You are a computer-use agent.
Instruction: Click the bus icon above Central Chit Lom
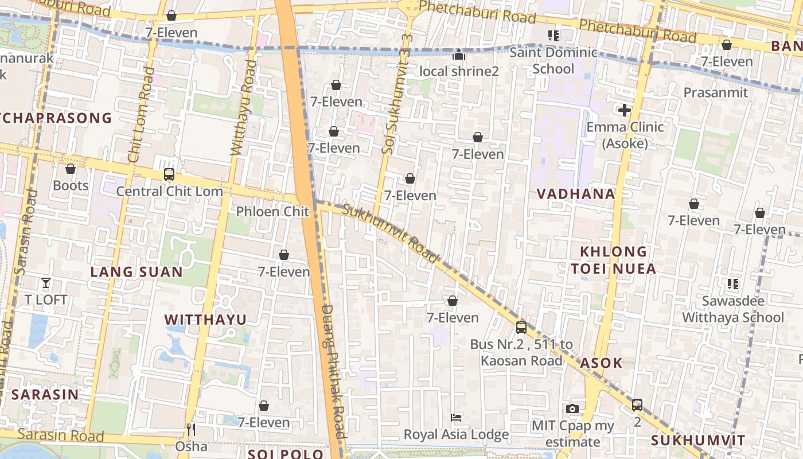tap(169, 174)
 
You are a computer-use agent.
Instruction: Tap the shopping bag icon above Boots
tap(71, 169)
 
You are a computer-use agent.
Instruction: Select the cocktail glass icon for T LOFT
tap(46, 282)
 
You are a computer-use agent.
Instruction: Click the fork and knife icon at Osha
tap(191, 429)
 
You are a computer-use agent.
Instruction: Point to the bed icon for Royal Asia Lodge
tap(456, 417)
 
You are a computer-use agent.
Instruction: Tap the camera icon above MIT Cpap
tap(572, 409)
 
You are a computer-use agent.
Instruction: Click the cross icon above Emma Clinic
tap(625, 110)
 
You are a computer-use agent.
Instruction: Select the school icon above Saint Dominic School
tap(553, 36)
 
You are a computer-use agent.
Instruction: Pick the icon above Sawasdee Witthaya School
tap(732, 283)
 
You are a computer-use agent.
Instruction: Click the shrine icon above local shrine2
tap(458, 55)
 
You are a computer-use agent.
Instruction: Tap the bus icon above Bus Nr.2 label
tap(521, 327)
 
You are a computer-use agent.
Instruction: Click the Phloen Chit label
tap(272, 212)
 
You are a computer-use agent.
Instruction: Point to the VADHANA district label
tap(576, 194)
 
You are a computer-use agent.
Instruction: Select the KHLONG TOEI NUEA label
tap(613, 260)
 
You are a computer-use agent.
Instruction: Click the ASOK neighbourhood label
tap(601, 363)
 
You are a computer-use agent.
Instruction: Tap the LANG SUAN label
tap(137, 272)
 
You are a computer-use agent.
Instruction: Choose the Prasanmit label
tap(715, 92)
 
